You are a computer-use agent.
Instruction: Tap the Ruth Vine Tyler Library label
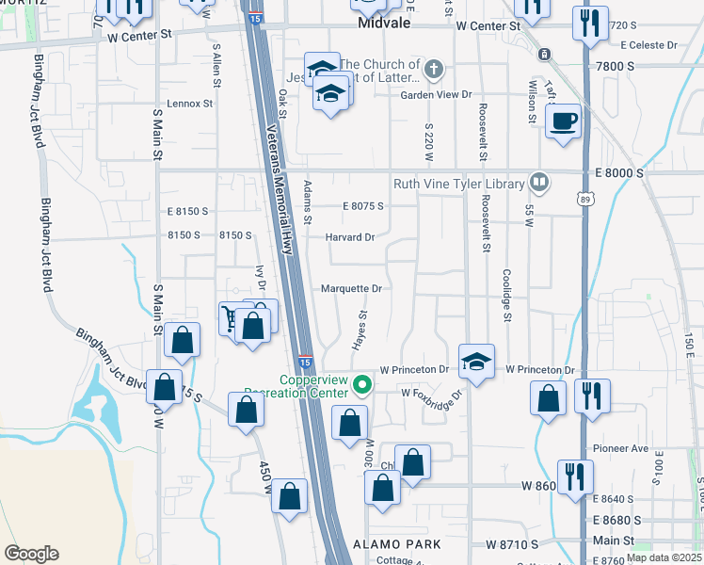(x=458, y=184)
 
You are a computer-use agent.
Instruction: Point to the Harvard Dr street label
(x=350, y=237)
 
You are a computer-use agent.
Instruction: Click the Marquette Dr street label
(x=352, y=289)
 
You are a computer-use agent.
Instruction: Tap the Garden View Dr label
(x=435, y=95)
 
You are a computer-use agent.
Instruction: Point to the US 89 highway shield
(x=584, y=199)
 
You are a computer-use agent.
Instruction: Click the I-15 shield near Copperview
(x=305, y=362)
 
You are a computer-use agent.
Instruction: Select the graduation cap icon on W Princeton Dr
(x=476, y=360)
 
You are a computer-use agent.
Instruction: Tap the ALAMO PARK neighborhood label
(x=392, y=545)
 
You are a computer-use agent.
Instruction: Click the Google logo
(x=31, y=554)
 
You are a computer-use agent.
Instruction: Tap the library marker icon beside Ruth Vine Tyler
(x=539, y=181)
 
